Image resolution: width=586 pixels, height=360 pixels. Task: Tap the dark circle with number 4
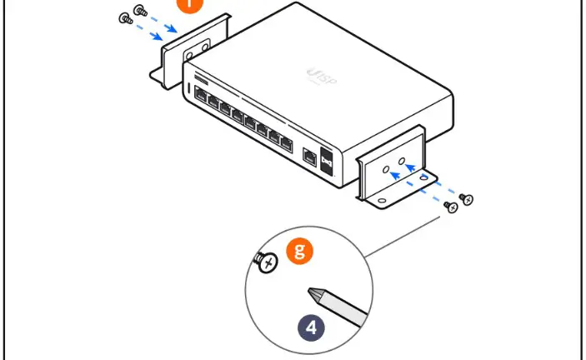(x=312, y=327)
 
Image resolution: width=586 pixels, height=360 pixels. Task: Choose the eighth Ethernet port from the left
(x=286, y=146)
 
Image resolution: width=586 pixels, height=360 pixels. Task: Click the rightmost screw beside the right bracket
(x=468, y=198)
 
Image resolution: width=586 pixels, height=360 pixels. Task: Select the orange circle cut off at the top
(x=190, y=4)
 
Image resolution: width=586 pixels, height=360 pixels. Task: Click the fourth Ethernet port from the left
(x=237, y=117)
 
